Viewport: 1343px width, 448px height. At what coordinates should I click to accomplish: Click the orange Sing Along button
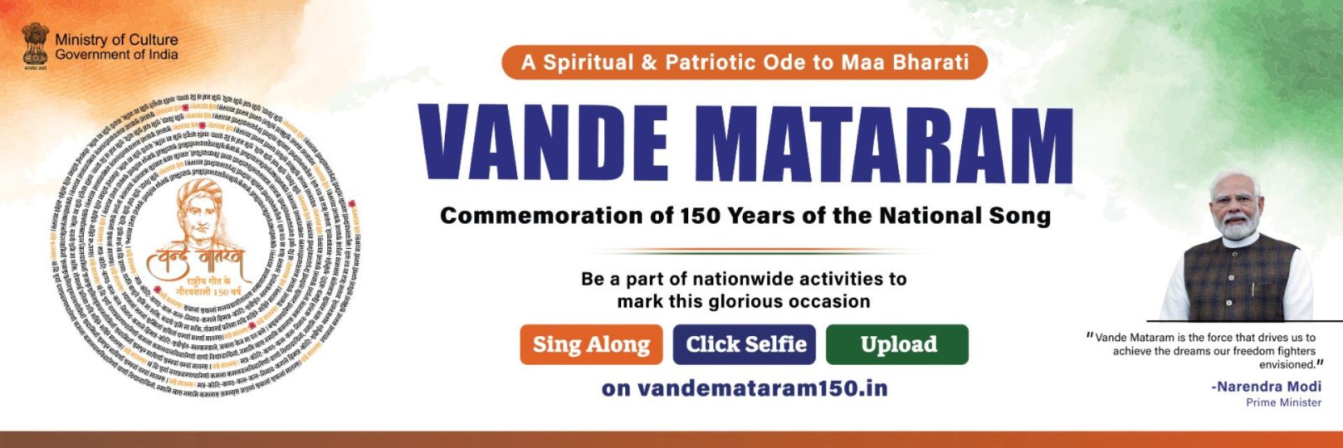tap(591, 345)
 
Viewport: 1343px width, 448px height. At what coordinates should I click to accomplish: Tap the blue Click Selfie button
tap(744, 345)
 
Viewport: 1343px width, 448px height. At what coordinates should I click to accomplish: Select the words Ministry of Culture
tap(116, 40)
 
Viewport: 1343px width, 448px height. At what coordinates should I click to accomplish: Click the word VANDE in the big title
tap(543, 144)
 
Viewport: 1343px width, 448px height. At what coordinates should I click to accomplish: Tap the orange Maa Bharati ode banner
tap(744, 62)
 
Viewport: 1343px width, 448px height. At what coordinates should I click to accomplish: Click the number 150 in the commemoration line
tap(700, 215)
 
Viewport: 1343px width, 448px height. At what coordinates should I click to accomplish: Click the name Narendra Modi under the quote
tap(1269, 386)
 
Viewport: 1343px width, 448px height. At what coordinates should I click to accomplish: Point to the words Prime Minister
tap(1284, 403)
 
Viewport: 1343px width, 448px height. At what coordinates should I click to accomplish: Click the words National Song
tap(965, 215)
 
